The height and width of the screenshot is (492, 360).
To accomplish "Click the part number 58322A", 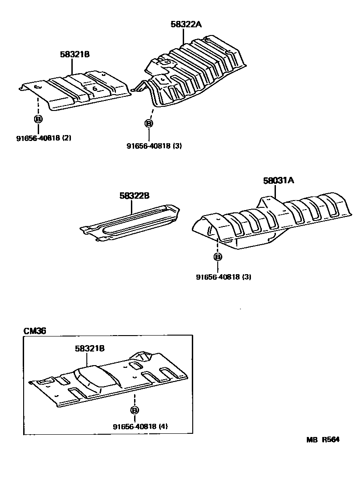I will click(x=185, y=25).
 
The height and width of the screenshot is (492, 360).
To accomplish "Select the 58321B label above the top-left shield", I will click(x=74, y=54).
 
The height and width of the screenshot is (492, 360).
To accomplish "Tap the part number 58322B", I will click(x=135, y=196).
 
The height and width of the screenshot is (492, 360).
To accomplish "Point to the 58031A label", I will click(x=278, y=181).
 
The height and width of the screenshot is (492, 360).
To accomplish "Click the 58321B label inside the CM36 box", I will click(x=90, y=348).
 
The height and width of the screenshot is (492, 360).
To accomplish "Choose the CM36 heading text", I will click(x=35, y=331).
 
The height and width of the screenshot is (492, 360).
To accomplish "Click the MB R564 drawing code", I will click(x=323, y=440).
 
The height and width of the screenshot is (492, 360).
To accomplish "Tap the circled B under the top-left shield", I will click(x=38, y=120).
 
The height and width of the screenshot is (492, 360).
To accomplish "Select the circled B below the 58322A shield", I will click(x=149, y=123).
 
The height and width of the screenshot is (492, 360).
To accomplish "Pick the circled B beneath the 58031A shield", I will click(x=218, y=257).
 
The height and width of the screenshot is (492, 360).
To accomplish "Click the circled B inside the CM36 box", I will click(x=134, y=410).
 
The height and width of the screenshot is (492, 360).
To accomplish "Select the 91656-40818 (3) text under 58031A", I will click(x=224, y=276).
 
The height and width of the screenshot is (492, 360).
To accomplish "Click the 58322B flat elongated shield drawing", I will click(x=132, y=221).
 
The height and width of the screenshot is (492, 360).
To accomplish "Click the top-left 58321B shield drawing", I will click(x=77, y=91).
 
